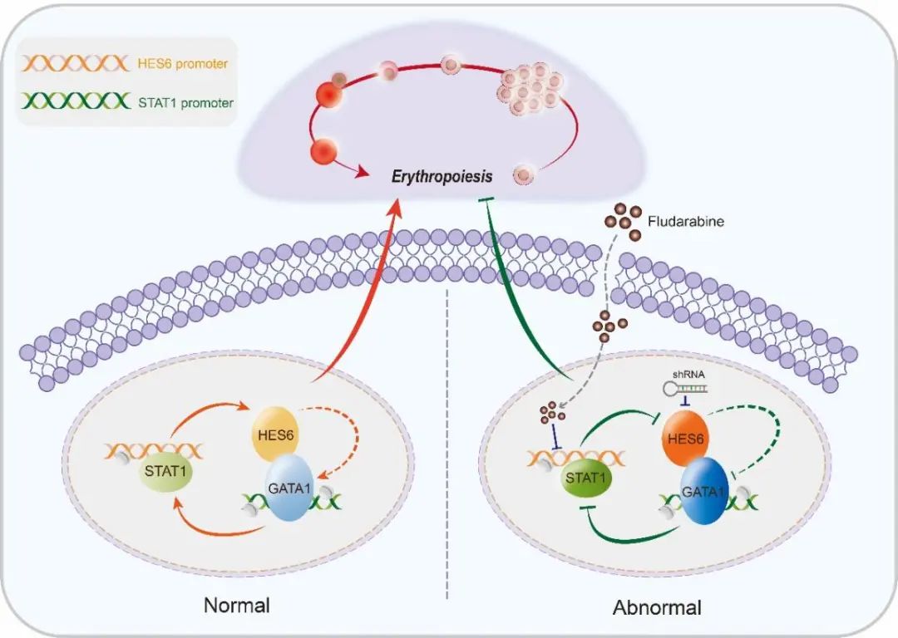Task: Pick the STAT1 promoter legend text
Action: click(x=182, y=104)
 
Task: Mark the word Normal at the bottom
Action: click(x=237, y=604)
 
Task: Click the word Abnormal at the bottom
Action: click(x=657, y=607)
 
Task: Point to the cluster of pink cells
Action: click(x=530, y=86)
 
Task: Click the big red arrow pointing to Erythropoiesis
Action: click(x=358, y=299)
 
